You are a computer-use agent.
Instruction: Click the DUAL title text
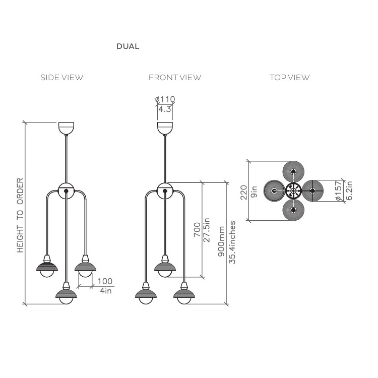128,46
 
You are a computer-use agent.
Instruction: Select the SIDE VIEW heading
61,78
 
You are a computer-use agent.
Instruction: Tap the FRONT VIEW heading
174,78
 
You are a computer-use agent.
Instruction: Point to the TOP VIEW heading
289,78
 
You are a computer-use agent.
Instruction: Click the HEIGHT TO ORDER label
21,215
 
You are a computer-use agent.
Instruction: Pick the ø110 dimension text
165,99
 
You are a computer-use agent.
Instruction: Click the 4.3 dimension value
164,109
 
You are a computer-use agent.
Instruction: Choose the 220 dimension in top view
243,192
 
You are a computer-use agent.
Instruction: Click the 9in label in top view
254,192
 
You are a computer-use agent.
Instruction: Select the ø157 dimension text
339,191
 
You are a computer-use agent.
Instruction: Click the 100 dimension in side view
105,281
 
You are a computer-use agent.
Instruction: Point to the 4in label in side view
105,291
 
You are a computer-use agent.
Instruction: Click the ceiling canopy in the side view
66,128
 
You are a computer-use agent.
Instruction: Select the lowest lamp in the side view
66,295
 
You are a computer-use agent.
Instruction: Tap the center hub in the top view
293,191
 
